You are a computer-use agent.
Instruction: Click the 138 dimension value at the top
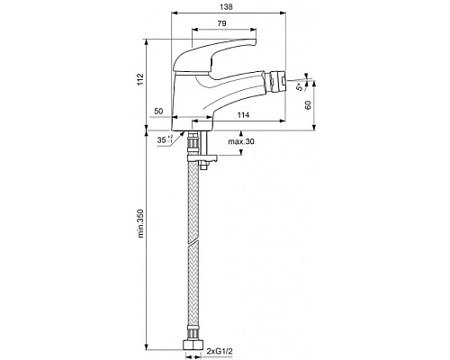pyautogui.click(x=226, y=6)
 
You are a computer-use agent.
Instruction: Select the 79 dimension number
pyautogui.click(x=221, y=23)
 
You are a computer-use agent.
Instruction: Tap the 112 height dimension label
pyautogui.click(x=140, y=79)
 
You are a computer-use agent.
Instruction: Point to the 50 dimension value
pyautogui.click(x=158, y=112)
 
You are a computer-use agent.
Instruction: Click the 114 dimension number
pyautogui.click(x=243, y=114)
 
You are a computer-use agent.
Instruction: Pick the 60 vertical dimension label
pyautogui.click(x=308, y=105)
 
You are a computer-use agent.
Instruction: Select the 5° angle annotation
pyautogui.click(x=300, y=87)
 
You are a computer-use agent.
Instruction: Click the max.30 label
pyautogui.click(x=241, y=141)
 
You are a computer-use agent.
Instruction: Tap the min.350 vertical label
pyautogui.click(x=140, y=223)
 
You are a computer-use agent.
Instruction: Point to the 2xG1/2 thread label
pyautogui.click(x=220, y=351)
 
